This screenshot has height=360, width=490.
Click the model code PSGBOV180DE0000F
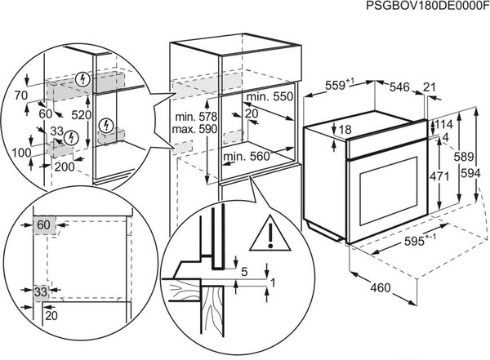[x=425, y=7]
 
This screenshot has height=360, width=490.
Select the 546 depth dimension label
[x=398, y=85]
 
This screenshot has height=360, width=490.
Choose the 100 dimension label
[x=22, y=153]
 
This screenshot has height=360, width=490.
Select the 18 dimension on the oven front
[x=345, y=130]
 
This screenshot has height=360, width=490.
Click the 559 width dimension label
[x=332, y=85]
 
